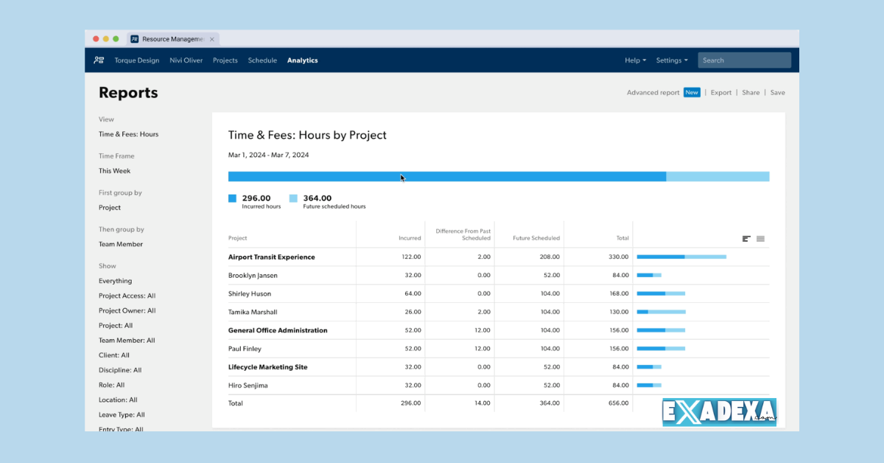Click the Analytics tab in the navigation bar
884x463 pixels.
[x=302, y=60]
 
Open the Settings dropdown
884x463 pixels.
[x=672, y=60]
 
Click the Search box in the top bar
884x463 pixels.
[x=744, y=60]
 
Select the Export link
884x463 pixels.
[x=720, y=93]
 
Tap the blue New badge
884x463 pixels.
[x=692, y=93]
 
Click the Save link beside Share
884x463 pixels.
[x=777, y=93]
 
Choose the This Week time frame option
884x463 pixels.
[x=115, y=171]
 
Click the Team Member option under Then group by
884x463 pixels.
[x=121, y=244]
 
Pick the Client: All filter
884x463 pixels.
[x=114, y=355]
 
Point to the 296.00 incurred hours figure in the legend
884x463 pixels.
[x=256, y=198]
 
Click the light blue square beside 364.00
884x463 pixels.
[x=293, y=198]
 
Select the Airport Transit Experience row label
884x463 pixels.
[x=271, y=257]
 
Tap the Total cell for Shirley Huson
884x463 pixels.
[x=619, y=293]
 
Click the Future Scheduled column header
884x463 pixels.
[x=536, y=238]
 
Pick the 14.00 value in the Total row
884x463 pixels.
[x=481, y=403]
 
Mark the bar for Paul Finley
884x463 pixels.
[x=661, y=349]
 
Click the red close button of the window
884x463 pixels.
[x=96, y=39]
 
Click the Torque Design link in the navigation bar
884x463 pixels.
[x=136, y=60]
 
